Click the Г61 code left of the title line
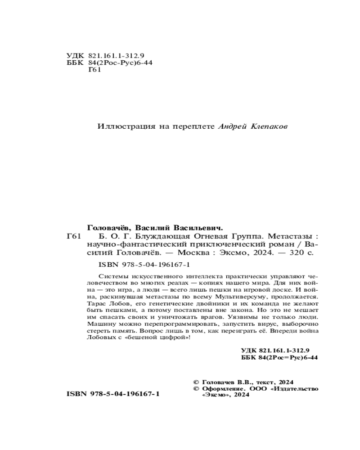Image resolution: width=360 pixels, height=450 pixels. tap(73, 236)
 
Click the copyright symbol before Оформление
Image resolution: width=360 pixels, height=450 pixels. tap(195, 388)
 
